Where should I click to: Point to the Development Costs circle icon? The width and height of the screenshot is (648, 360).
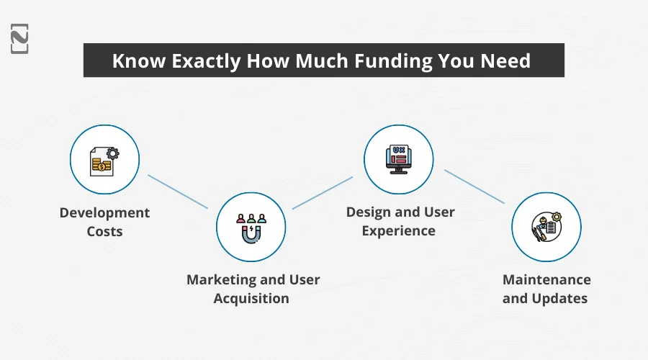(104, 159)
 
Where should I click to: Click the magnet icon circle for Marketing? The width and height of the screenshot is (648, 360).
(251, 227)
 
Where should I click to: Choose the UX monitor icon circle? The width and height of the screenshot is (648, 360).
(398, 159)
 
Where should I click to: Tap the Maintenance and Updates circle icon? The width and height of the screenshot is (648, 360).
(546, 227)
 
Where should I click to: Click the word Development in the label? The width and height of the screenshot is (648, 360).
(104, 213)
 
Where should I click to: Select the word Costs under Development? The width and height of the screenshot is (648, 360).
(104, 231)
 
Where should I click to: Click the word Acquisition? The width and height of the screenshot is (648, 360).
(251, 298)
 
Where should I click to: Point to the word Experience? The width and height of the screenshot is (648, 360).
(398, 231)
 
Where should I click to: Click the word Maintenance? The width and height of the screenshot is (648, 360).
(546, 279)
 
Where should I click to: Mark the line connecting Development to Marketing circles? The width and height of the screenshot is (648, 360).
(178, 192)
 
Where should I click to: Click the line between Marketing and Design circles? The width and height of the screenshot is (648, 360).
(323, 192)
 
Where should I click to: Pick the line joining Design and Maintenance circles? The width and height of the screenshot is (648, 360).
(474, 186)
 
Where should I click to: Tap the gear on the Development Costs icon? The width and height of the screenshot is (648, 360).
(112, 153)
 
